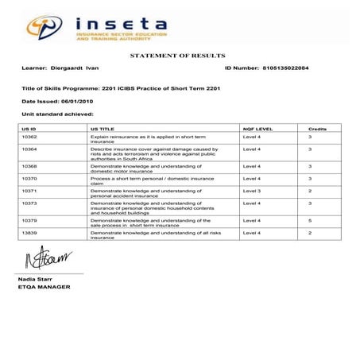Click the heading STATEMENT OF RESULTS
point(177,55)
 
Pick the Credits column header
point(317,128)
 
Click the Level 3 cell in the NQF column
point(252,191)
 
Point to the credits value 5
point(310,220)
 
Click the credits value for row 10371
point(310,191)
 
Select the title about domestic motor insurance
point(141,168)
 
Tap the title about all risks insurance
point(145,234)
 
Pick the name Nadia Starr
point(37,280)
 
